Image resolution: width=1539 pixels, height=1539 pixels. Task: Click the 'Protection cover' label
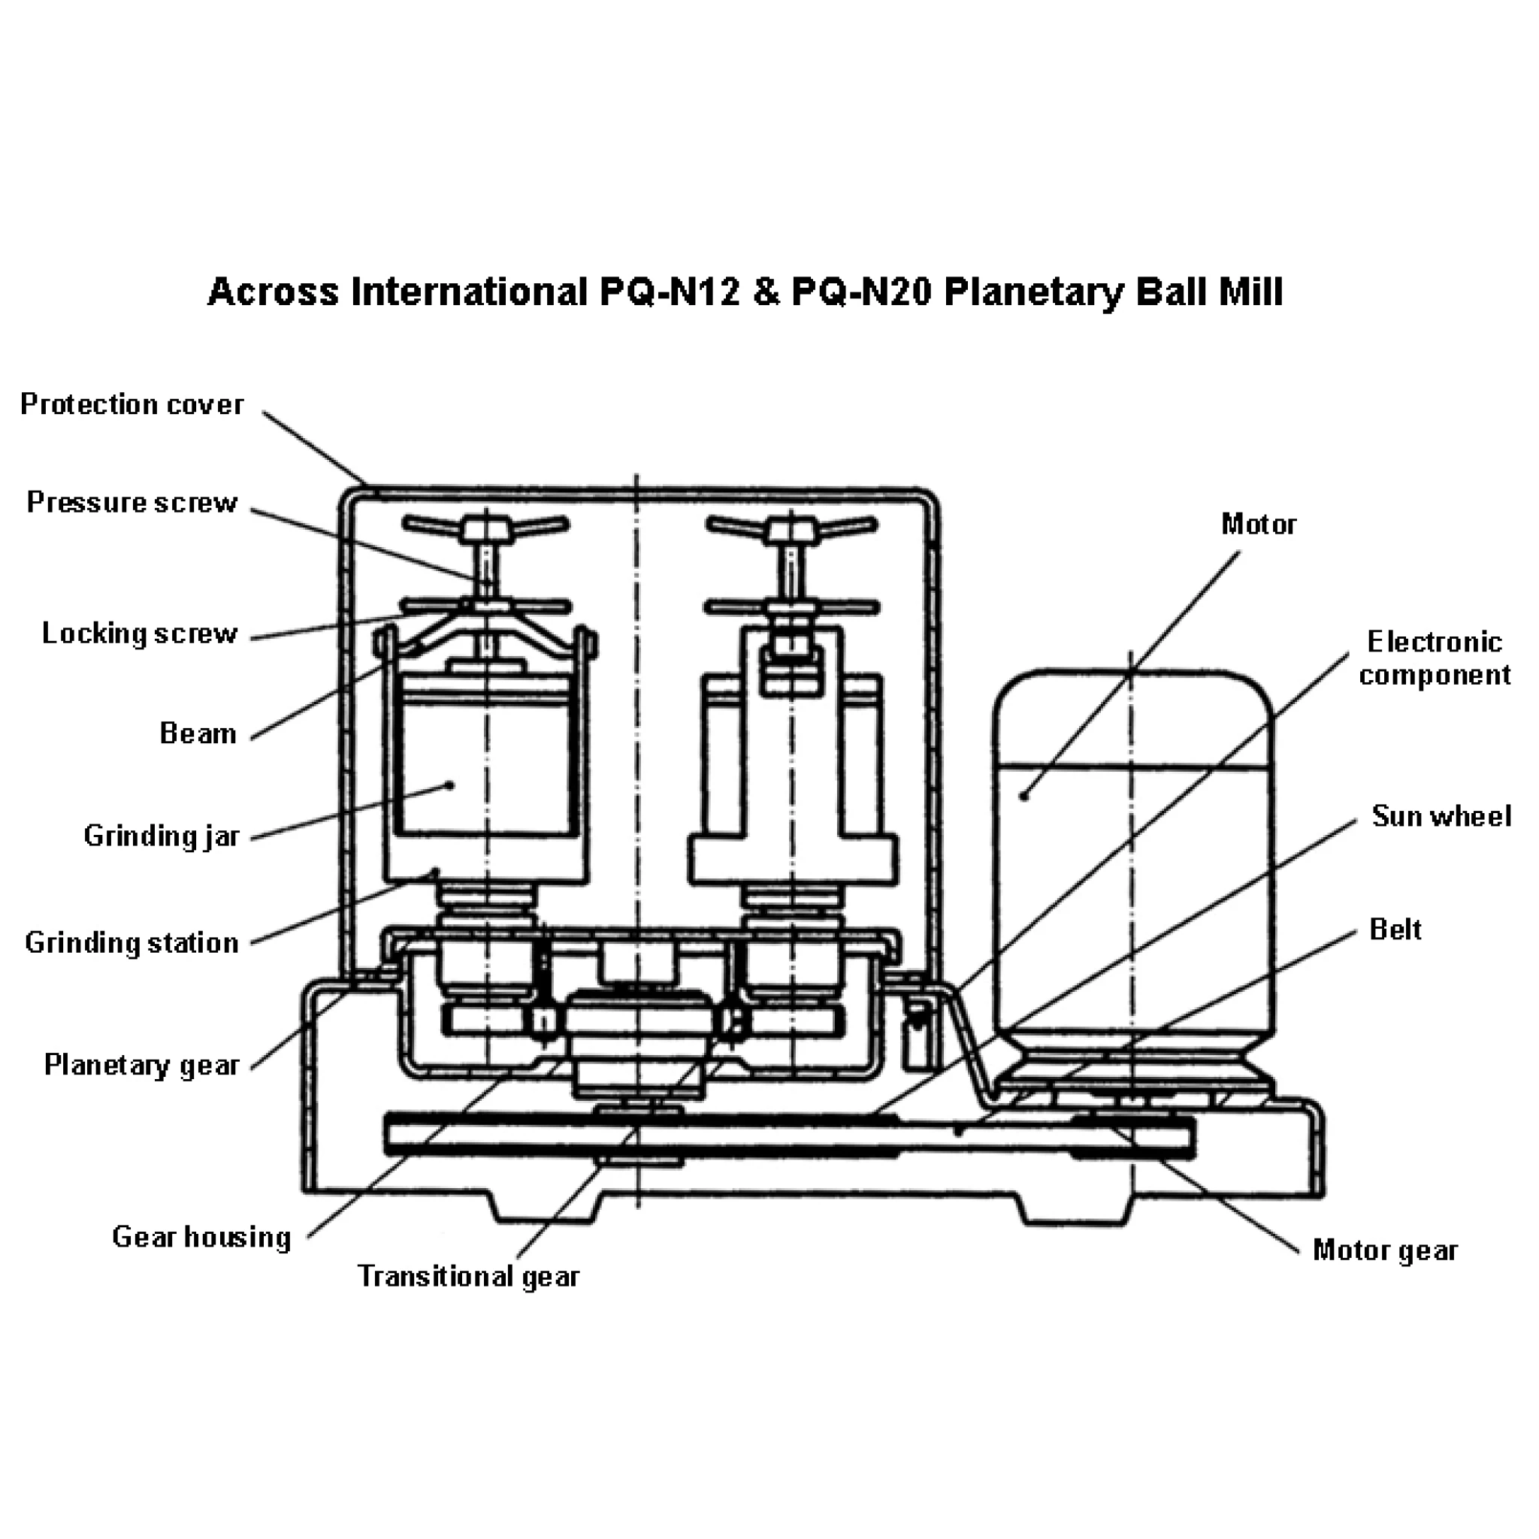coord(132,405)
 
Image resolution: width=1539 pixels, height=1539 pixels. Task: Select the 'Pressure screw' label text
coord(132,503)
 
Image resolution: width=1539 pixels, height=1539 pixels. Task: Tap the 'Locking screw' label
coord(140,634)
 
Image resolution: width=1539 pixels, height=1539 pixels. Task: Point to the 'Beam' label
coord(198,733)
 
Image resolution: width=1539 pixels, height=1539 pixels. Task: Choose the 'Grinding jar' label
coord(162,836)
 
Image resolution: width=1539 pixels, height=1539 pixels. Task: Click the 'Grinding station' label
coord(132,943)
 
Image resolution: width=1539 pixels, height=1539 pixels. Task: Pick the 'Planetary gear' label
coord(141,1065)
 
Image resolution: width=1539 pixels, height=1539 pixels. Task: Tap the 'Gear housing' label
coord(201,1237)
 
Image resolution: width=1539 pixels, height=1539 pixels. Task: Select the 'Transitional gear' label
coord(468,1276)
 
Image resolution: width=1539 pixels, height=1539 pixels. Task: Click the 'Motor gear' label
coord(1384,1250)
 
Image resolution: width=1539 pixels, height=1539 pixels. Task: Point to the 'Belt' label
coord(1395,929)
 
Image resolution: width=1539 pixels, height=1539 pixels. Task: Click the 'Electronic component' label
coord(1435,658)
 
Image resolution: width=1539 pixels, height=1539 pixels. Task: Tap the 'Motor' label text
coord(1259,525)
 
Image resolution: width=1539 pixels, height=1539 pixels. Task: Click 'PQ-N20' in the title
coord(861,292)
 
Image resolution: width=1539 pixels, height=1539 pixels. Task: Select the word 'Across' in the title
coord(274,292)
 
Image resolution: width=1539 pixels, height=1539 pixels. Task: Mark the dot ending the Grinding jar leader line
coord(450,785)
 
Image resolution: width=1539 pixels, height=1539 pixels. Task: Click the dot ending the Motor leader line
coord(1025,796)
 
